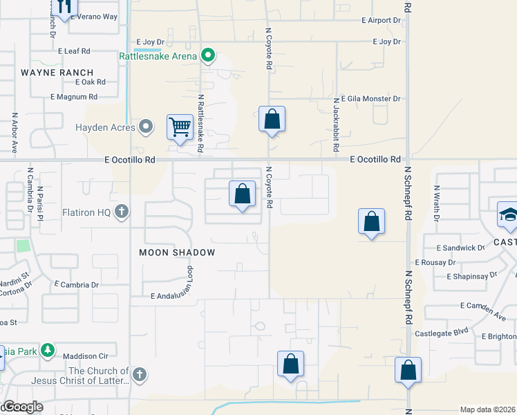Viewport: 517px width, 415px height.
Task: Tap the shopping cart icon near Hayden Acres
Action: pos(180,127)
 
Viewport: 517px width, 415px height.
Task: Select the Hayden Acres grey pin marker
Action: pos(146,127)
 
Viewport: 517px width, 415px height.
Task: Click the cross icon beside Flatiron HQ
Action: pos(122,212)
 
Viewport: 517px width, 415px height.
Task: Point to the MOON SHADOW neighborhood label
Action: pos(177,252)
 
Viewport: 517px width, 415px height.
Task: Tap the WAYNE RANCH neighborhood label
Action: pos(57,72)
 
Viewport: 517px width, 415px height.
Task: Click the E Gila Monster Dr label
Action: pos(367,99)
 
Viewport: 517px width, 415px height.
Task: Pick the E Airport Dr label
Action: pos(381,21)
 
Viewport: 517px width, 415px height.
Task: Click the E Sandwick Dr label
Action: pos(460,248)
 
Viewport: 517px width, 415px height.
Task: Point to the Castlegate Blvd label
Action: pos(442,333)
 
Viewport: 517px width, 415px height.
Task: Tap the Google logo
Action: pos(22,407)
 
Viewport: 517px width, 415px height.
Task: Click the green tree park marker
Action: pos(48,351)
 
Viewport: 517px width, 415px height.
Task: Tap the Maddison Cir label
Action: pos(88,356)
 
